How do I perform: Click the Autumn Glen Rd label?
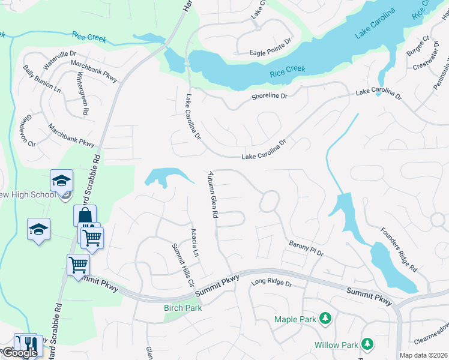[212, 193]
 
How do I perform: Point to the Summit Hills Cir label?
[184, 265]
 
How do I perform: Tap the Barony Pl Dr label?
[306, 248]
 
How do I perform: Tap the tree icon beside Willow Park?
[366, 344]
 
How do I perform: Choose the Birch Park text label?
[183, 308]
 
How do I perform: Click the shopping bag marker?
[85, 216]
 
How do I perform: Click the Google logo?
[19, 353]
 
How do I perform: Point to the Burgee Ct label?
[418, 46]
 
